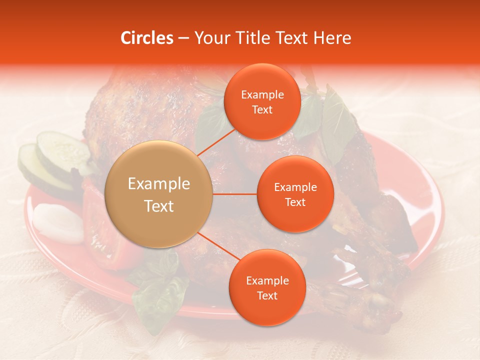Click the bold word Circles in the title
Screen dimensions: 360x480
[x=147, y=38]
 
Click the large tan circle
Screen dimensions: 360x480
[x=159, y=194]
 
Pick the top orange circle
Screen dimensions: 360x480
[x=262, y=102]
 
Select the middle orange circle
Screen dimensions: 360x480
[x=295, y=194]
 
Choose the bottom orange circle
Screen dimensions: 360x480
[x=267, y=287]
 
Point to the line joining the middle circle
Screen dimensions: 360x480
[x=235, y=194]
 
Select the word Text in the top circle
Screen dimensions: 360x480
[x=262, y=110]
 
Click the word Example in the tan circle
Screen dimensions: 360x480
[x=159, y=184]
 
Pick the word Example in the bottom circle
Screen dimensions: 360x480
[x=267, y=280]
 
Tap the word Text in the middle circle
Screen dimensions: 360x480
[x=295, y=202]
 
